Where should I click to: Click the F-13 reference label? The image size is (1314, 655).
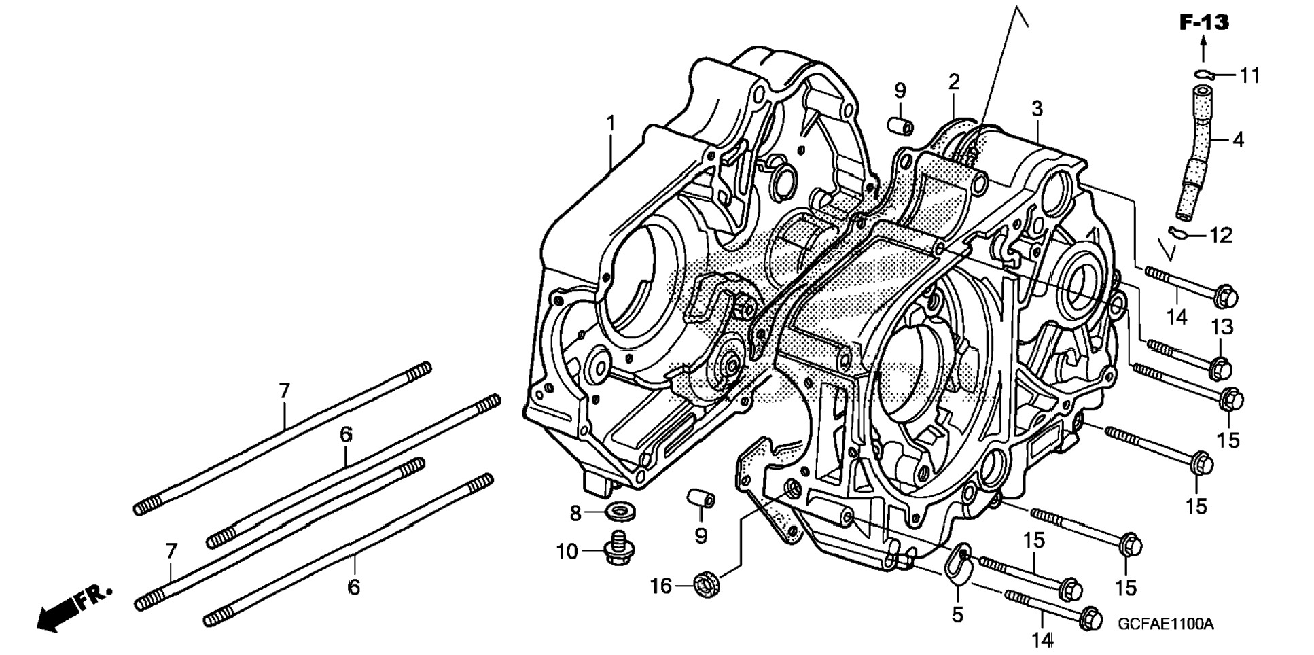(x=1203, y=22)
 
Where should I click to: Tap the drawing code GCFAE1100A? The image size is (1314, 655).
(x=1165, y=624)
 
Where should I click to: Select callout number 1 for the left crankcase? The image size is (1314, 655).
(x=611, y=124)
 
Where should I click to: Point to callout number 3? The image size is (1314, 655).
(x=1037, y=109)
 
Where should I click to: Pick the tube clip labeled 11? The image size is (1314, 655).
(x=1205, y=74)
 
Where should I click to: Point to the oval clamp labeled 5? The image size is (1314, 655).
(x=957, y=563)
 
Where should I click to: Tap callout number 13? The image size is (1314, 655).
(x=1222, y=327)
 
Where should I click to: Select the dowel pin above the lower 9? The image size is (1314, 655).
(x=700, y=499)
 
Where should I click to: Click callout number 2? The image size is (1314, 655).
(x=954, y=82)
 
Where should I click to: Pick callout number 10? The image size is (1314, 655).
(x=567, y=552)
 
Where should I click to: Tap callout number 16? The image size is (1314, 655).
(x=661, y=585)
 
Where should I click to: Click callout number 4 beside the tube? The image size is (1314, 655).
(x=1238, y=140)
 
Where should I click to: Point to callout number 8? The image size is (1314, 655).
(x=575, y=514)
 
